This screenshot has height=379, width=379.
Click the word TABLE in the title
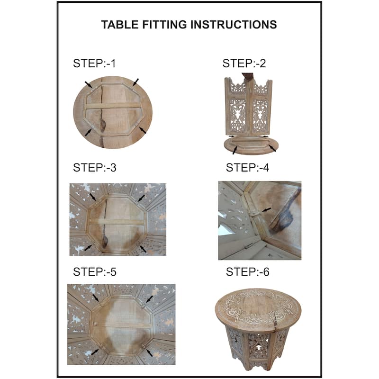coord(120,25)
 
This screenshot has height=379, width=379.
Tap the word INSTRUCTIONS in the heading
coord(234,25)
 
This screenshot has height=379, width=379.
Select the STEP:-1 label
coord(94,63)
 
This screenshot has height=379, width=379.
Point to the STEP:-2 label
coord(244,63)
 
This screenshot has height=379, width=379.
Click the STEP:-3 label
coord(95,168)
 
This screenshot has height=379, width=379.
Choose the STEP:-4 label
coord(247,168)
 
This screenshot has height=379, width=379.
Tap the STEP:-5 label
coord(95,271)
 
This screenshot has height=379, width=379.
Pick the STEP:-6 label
coord(247,271)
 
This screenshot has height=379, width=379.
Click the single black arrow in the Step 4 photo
coord(267,209)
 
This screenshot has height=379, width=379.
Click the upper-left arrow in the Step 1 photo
coord(89,85)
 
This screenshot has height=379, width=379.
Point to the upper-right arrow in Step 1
coord(135,81)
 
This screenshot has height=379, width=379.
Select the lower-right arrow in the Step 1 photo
coord(143,130)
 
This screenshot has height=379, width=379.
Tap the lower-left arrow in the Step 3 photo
coord(89,247)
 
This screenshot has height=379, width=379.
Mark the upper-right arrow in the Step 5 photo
coord(149,299)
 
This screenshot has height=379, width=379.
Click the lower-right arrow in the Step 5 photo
coord(149,352)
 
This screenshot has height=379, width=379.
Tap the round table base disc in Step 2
coord(251,145)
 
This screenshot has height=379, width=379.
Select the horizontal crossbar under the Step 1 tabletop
coord(113,106)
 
